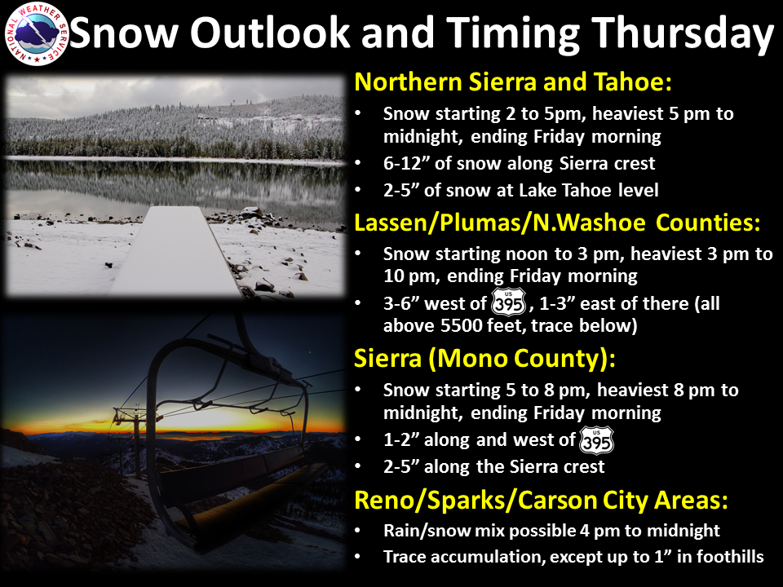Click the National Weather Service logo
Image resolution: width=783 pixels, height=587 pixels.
(x=36, y=34)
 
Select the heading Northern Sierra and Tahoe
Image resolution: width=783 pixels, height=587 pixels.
(x=513, y=82)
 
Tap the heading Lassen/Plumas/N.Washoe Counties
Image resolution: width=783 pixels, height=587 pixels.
(x=557, y=223)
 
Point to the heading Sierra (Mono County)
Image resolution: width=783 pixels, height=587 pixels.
(x=484, y=359)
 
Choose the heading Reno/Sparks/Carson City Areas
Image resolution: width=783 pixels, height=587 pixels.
(x=541, y=500)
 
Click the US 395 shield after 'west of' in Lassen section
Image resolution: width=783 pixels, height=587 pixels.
(x=508, y=302)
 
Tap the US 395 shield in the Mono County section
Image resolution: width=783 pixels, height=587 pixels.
(x=596, y=440)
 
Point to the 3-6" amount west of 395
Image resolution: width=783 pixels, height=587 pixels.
(x=399, y=303)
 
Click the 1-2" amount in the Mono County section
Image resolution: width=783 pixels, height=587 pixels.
(x=399, y=439)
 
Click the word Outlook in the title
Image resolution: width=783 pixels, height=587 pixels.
(x=269, y=33)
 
